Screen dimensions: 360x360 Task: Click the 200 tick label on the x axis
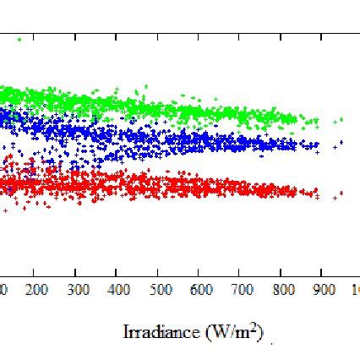click(35, 290)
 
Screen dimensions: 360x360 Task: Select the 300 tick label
click(77, 290)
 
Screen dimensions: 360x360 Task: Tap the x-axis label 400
click(118, 290)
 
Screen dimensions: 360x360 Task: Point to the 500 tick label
click(159, 290)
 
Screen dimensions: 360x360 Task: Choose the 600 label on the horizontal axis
click(200, 290)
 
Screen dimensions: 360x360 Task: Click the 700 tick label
click(242, 290)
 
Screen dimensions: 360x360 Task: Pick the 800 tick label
click(282, 290)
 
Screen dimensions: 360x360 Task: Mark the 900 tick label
click(324, 290)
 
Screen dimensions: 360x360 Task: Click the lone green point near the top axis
click(19, 38)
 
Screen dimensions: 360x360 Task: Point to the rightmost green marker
click(341, 118)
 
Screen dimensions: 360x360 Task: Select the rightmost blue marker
click(341, 143)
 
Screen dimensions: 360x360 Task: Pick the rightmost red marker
click(341, 194)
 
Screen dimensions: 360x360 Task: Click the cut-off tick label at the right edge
click(356, 290)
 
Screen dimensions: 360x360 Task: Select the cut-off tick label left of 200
click(3, 290)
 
